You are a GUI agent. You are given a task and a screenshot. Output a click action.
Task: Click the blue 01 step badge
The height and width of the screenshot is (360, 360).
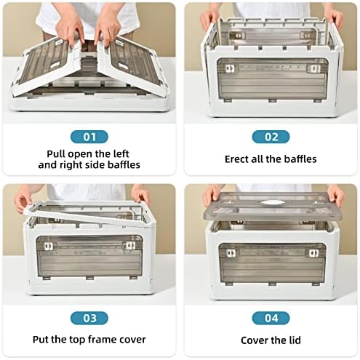(x=89, y=137)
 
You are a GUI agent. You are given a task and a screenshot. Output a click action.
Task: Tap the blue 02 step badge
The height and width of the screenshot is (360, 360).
(x=271, y=137)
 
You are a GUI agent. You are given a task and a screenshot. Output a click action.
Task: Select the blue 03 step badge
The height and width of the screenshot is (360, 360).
(x=89, y=318)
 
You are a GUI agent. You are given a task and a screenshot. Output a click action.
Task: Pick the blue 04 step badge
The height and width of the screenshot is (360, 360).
(x=271, y=318)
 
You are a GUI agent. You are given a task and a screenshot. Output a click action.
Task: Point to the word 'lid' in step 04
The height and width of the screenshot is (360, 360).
(x=295, y=340)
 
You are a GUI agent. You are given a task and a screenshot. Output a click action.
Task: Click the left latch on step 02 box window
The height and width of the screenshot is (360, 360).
(x=230, y=68)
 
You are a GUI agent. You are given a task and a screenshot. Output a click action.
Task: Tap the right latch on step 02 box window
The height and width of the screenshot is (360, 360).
(x=315, y=69)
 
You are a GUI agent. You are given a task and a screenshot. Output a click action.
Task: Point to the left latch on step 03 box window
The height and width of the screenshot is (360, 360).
(x=49, y=246)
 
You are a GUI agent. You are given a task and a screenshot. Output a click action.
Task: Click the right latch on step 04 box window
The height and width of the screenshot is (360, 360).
(x=313, y=253)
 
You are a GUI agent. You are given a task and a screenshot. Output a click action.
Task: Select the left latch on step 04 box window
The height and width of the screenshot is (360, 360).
(x=231, y=253)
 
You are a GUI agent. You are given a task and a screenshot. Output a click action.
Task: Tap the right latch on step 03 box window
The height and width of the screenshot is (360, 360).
(x=130, y=246)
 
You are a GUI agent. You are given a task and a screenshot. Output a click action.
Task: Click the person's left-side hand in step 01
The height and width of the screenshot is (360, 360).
(x=70, y=28)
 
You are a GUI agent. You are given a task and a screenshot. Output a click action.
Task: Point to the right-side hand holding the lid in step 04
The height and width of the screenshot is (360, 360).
(x=337, y=196)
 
